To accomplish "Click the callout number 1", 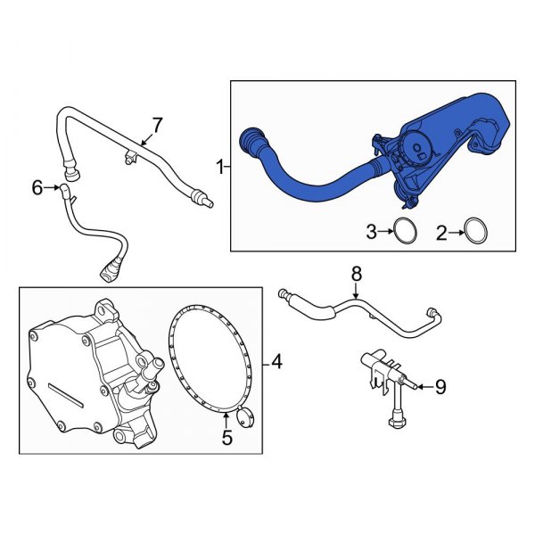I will (219, 166).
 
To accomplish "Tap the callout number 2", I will (440, 234).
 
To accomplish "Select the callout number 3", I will (372, 234).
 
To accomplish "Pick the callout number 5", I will (226, 438).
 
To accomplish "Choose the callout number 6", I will (37, 187).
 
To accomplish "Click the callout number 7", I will (157, 125).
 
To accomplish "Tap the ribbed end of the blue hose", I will (253, 143).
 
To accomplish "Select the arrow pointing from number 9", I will (424, 387).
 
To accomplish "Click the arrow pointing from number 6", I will (53, 187).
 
